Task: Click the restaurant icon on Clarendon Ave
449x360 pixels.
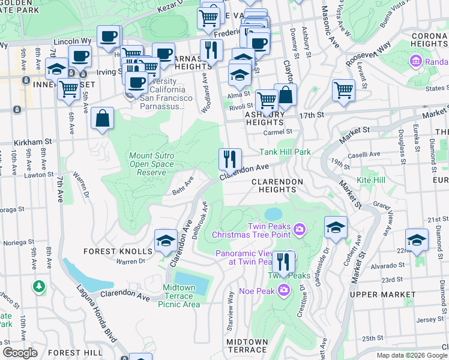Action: point(230,160)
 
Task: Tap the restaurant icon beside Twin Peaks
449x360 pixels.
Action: point(283,262)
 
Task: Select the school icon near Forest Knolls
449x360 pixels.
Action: point(166,241)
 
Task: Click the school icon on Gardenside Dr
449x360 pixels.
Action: point(336,227)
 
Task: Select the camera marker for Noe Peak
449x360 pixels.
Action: point(283,292)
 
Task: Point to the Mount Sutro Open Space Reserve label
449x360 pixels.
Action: point(139,164)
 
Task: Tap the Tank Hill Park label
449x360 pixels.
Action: point(285,152)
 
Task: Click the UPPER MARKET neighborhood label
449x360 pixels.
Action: point(382,295)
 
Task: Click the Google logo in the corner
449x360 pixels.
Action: point(20,353)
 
